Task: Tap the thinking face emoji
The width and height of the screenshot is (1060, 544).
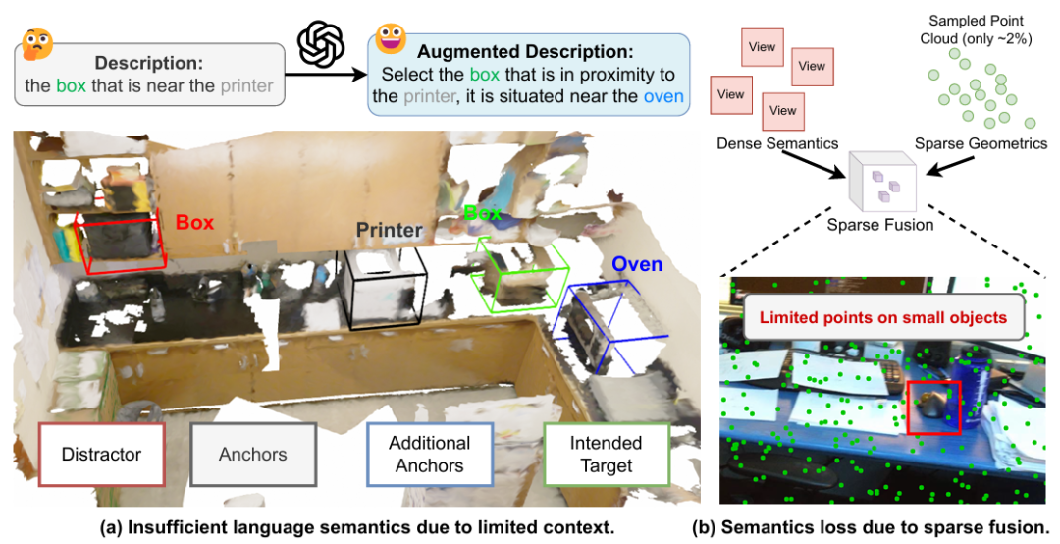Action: [x=36, y=43]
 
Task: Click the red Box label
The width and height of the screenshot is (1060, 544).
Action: [x=194, y=223]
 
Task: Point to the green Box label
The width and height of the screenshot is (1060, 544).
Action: [x=483, y=213]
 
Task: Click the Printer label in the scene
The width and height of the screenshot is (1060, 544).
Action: [x=390, y=231]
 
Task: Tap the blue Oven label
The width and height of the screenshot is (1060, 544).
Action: [x=637, y=264]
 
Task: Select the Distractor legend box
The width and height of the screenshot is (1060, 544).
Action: [x=101, y=454]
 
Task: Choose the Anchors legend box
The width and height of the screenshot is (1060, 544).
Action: [x=253, y=454]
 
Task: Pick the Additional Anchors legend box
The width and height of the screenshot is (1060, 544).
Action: [x=429, y=455]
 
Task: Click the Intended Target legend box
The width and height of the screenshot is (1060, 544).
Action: [x=606, y=455]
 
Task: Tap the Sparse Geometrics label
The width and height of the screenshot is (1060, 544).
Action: [x=980, y=143]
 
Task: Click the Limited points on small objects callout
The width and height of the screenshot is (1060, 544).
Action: [x=883, y=317]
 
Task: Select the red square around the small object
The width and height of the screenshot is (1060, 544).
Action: [x=933, y=405]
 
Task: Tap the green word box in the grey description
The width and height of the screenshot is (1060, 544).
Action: [x=71, y=85]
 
